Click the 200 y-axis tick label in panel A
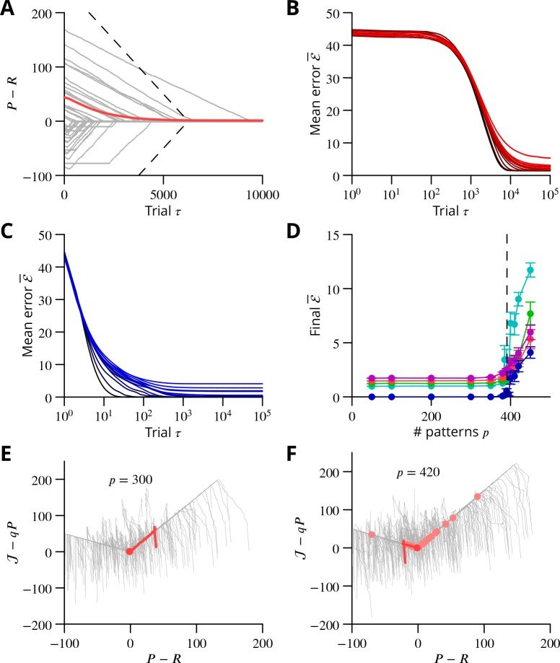pyautogui.click(x=47, y=14)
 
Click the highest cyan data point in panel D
pyautogui.click(x=530, y=271)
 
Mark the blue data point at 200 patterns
pyautogui.click(x=431, y=397)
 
